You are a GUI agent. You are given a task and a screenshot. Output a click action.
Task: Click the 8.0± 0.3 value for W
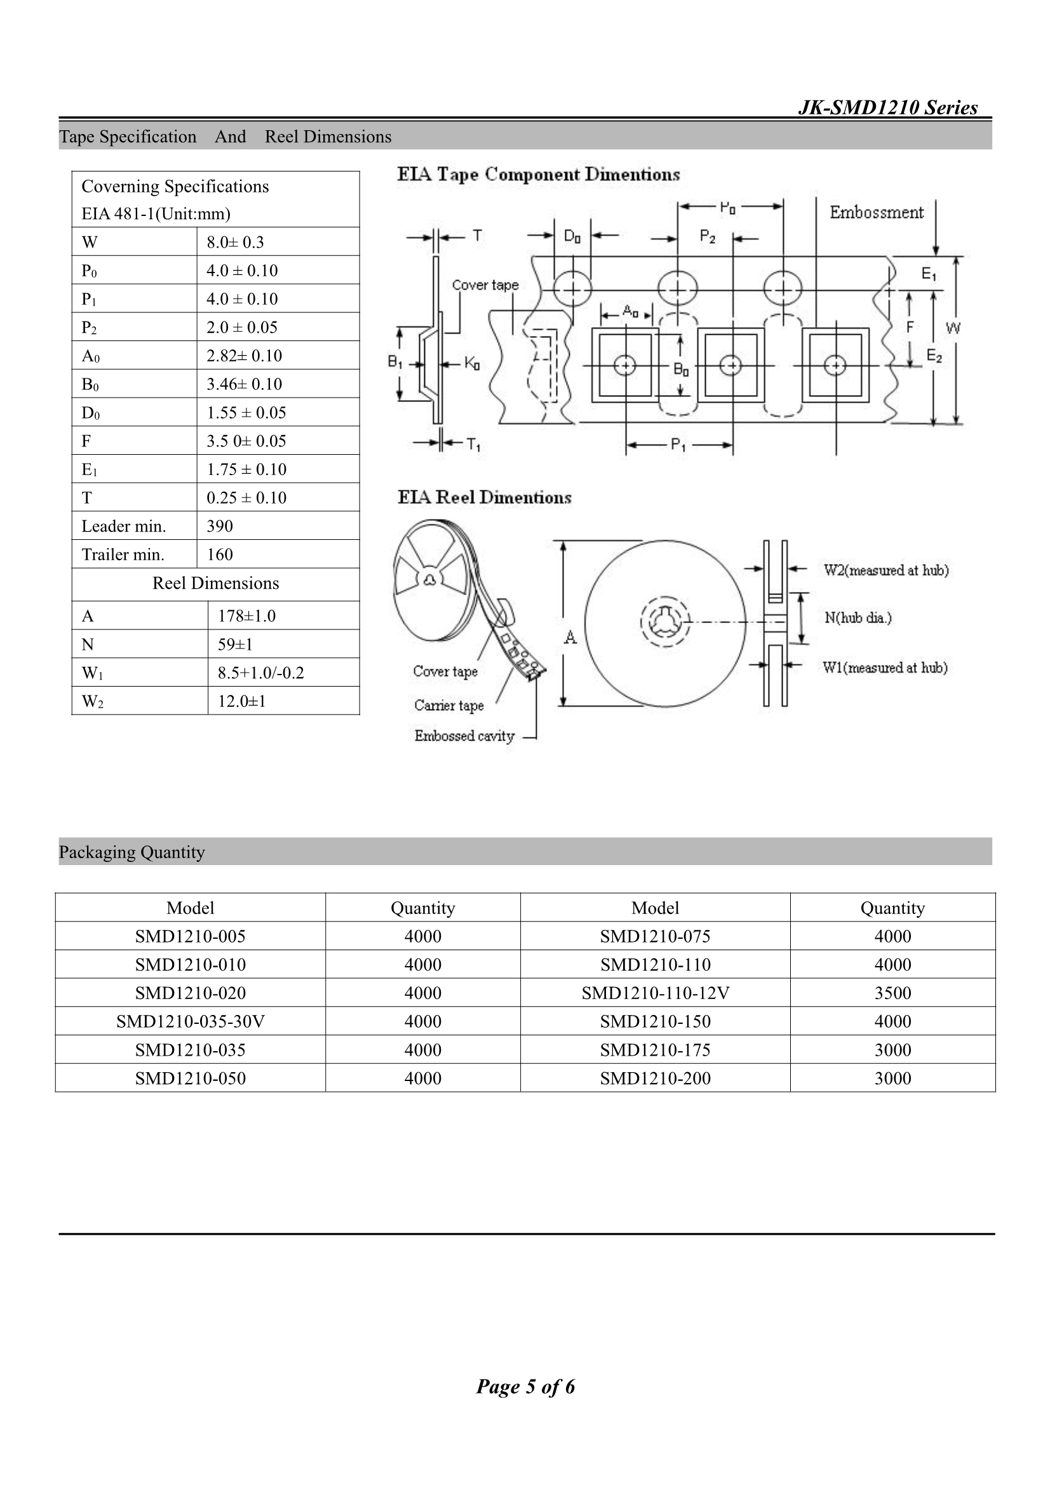click(x=236, y=242)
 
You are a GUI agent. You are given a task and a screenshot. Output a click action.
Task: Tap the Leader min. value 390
click(x=220, y=526)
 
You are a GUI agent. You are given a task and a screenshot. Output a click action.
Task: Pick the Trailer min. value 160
click(x=220, y=554)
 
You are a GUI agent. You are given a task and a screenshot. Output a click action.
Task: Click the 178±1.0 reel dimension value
click(x=246, y=615)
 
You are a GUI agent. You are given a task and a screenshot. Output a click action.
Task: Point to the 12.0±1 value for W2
click(x=242, y=701)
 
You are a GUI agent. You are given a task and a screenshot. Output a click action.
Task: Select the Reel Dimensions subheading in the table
click(x=215, y=583)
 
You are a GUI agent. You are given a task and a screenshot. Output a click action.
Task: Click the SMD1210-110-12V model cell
click(x=655, y=993)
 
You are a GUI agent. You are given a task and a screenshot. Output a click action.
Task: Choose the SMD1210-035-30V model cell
click(x=190, y=1021)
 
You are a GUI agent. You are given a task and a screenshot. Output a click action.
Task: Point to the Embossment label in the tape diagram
click(x=877, y=213)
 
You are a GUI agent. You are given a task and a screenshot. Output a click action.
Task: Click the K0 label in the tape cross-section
click(x=471, y=364)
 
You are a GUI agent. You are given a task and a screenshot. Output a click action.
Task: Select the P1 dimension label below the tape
click(x=678, y=445)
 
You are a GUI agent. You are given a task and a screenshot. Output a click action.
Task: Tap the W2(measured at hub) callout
click(x=885, y=570)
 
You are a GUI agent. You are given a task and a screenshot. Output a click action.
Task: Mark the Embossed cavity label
click(x=464, y=736)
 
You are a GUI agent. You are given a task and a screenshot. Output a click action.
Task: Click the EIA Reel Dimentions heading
click(x=485, y=497)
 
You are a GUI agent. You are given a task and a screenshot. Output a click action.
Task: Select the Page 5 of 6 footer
click(x=525, y=1386)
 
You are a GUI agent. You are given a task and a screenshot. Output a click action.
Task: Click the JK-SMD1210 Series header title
click(x=887, y=107)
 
